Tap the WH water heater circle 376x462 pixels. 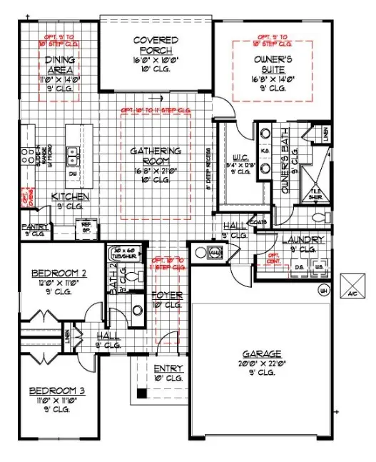pos(323,290)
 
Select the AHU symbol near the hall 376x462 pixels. pos(213,252)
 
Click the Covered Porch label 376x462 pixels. pos(156,45)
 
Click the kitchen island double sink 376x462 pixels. pos(73,152)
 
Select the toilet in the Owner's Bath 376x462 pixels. pos(318,216)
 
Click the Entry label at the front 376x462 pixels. pos(168,368)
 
